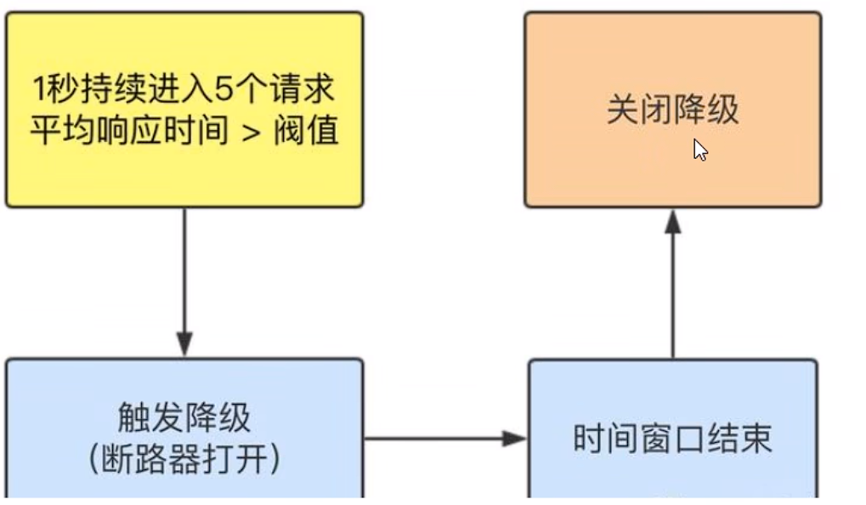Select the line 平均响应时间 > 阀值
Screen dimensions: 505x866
tap(184, 130)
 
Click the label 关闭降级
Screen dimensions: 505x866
tap(672, 111)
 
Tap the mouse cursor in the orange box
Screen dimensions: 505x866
tap(699, 150)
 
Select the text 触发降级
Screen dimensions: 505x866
tap(184, 417)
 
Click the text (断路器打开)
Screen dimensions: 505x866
tap(184, 459)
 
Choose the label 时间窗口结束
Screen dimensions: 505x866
tap(672, 440)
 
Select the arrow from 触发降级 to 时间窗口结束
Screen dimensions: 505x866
tap(433, 439)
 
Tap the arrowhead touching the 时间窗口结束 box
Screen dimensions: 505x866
tap(515, 439)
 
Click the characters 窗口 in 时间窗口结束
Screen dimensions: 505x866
tap(672, 440)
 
